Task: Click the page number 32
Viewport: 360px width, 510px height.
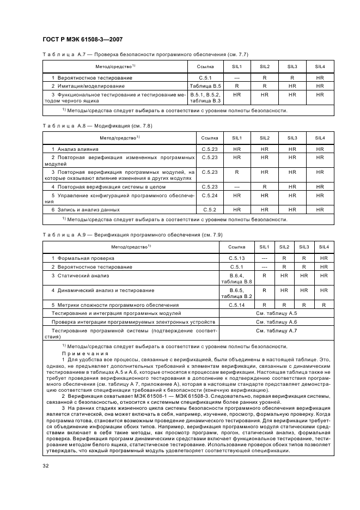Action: [x=46, y=465]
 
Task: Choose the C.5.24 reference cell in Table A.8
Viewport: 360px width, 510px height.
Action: [x=210, y=195]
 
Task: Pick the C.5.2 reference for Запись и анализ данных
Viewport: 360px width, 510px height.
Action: [x=210, y=209]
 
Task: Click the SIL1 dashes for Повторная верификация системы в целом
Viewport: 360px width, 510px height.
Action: [x=237, y=186]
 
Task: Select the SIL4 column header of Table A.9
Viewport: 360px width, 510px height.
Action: [x=324, y=247]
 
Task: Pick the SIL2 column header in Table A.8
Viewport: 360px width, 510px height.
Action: [x=265, y=138]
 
